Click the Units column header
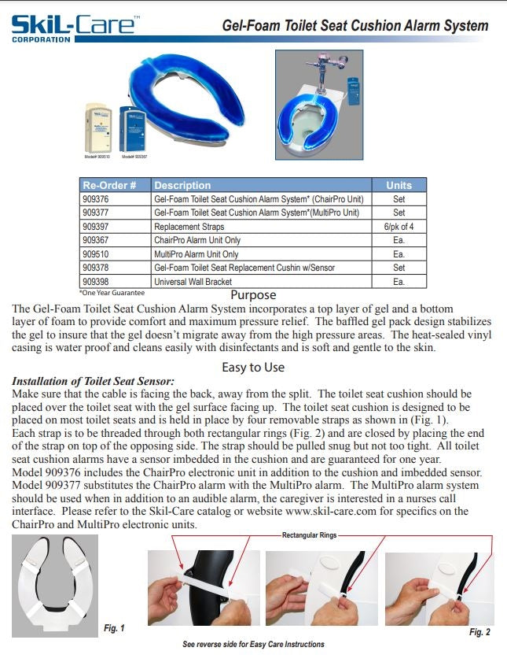tap(399, 186)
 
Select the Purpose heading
tap(253, 295)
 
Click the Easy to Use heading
tap(253, 368)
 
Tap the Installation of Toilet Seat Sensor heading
tap(93, 382)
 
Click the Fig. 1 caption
tap(114, 627)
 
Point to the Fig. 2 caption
tap(479, 632)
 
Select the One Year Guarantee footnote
tap(112, 292)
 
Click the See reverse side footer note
tap(253, 645)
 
